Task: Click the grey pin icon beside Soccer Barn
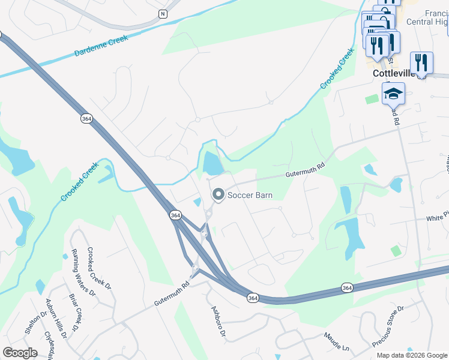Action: (218, 194)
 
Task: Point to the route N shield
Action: (162, 13)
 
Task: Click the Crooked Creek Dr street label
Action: (100, 269)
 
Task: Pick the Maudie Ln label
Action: (336, 343)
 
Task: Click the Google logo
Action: (20, 352)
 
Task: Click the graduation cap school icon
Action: (393, 94)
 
